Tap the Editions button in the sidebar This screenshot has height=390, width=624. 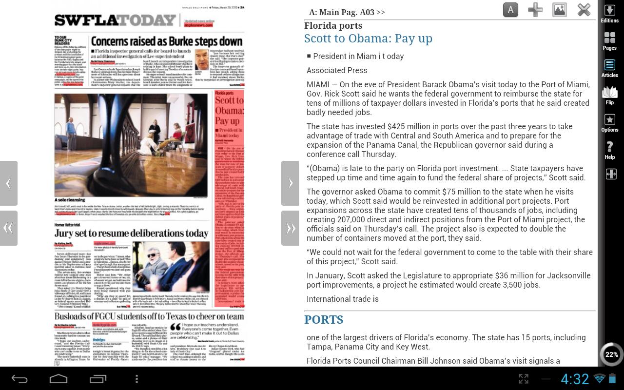point(609,14)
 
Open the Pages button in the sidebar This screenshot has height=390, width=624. point(609,41)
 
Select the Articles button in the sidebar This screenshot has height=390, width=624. point(609,68)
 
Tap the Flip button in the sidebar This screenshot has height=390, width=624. point(609,95)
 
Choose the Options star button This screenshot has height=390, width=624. point(609,123)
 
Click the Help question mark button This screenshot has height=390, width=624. point(609,150)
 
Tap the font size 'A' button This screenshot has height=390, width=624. point(510,10)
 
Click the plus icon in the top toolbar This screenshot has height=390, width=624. point(535,10)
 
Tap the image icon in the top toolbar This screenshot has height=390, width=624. point(560,10)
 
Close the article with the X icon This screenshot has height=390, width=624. point(584,10)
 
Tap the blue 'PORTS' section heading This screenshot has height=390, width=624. point(324,320)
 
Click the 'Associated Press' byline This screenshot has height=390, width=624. point(337,70)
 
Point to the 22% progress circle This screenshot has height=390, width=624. point(611,354)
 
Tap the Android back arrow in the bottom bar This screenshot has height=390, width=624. point(19,379)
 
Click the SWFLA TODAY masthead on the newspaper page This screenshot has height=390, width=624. point(115,20)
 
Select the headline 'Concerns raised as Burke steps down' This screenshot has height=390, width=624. point(167,41)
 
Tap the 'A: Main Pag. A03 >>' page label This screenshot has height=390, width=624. point(347,12)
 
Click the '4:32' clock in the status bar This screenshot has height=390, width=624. point(575,379)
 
